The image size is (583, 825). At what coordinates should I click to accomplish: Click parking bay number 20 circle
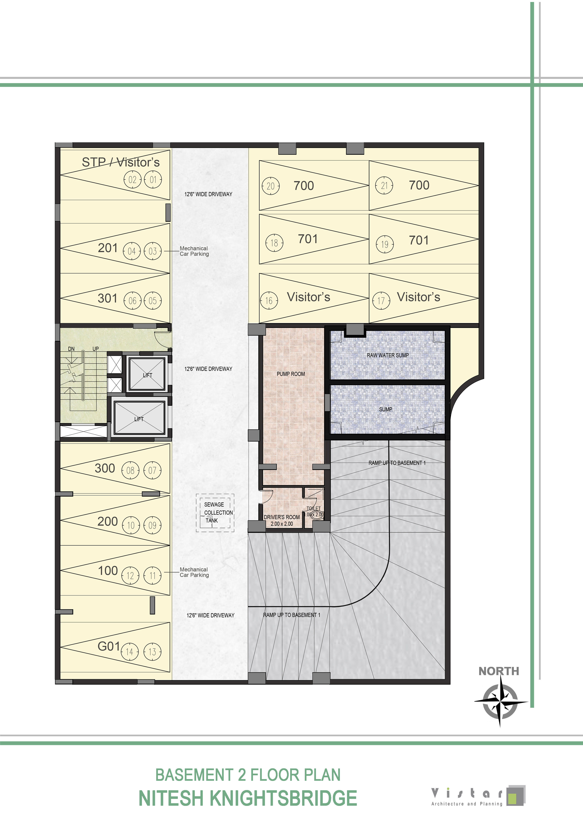pyautogui.click(x=270, y=186)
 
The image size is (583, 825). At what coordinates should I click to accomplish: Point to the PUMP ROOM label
pyautogui.click(x=291, y=374)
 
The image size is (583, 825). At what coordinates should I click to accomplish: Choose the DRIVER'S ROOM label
pyautogui.click(x=282, y=517)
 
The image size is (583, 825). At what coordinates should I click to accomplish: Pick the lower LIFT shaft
pyautogui.click(x=139, y=418)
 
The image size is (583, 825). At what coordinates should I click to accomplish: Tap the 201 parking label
pyautogui.click(x=108, y=248)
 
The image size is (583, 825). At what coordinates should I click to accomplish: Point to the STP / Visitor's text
pyautogui.click(x=121, y=162)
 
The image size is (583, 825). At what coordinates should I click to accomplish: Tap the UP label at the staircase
pyautogui.click(x=96, y=349)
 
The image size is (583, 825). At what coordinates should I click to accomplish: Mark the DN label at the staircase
pyautogui.click(x=71, y=349)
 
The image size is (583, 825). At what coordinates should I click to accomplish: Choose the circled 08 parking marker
pyautogui.click(x=130, y=470)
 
